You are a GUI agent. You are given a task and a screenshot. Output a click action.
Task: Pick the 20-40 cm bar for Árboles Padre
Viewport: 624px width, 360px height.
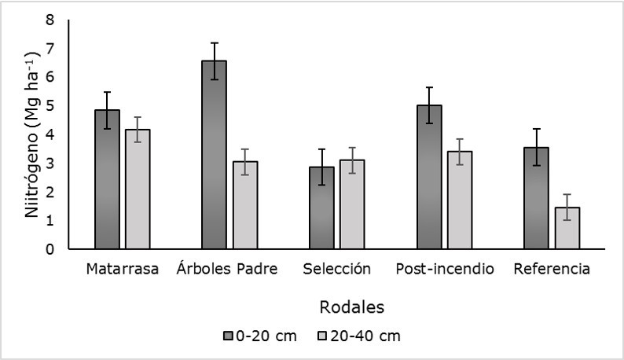[244, 205]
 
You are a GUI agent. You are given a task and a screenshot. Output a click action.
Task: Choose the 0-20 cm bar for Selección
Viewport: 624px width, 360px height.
[321, 208]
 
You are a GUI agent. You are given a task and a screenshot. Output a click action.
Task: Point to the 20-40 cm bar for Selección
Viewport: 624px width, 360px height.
[352, 204]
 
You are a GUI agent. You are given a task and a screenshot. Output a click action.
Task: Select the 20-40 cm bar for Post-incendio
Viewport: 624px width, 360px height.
[460, 200]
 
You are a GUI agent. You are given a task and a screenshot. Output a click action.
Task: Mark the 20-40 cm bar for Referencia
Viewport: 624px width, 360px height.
[567, 228]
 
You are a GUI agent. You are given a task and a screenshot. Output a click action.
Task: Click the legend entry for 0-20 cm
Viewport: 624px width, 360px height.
[260, 336]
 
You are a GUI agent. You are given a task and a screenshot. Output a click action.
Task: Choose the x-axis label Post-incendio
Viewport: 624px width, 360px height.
[445, 270]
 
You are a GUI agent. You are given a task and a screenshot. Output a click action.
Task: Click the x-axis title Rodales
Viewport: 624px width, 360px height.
[351, 305]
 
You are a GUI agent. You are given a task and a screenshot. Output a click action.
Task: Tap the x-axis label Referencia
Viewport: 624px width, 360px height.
[552, 270]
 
